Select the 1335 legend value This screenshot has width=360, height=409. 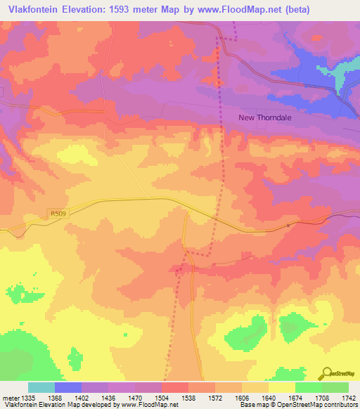tap(27, 397)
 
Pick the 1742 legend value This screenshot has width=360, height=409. tap(348, 397)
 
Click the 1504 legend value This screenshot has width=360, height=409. tap(161, 397)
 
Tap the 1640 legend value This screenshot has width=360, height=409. tap(268, 397)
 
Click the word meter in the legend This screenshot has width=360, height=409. tap(9, 397)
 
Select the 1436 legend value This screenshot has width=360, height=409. tap(108, 397)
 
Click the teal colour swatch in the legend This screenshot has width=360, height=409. tap(41, 387)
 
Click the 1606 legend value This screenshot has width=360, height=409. tap(241, 397)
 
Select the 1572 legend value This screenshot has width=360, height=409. tap(214, 397)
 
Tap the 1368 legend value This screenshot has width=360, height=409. tap(54, 397)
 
